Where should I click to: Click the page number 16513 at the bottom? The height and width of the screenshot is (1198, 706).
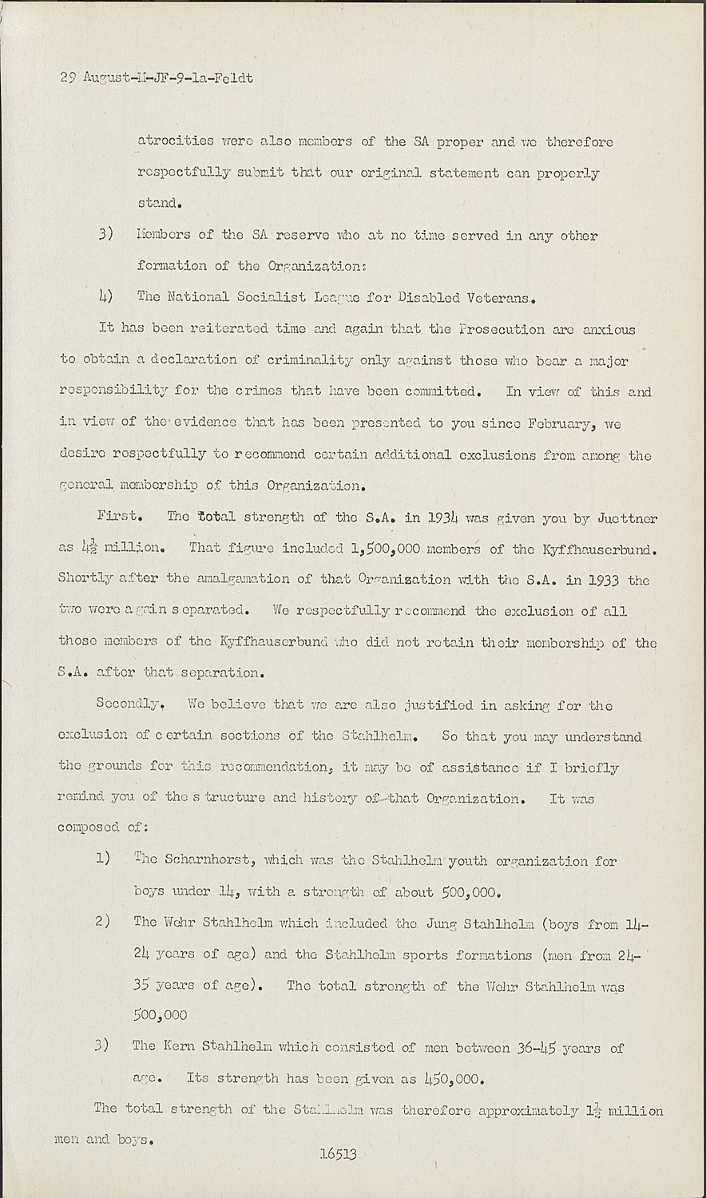(337, 1153)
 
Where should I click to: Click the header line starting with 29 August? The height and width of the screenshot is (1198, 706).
(157, 78)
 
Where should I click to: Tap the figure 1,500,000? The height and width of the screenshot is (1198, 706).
(391, 549)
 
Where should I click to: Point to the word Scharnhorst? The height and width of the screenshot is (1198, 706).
(209, 861)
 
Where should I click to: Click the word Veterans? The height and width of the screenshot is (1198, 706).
(493, 298)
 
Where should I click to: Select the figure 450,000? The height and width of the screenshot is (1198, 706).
(454, 1078)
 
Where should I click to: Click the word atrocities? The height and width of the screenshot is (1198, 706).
(176, 141)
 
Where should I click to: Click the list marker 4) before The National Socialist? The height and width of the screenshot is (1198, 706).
(104, 297)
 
